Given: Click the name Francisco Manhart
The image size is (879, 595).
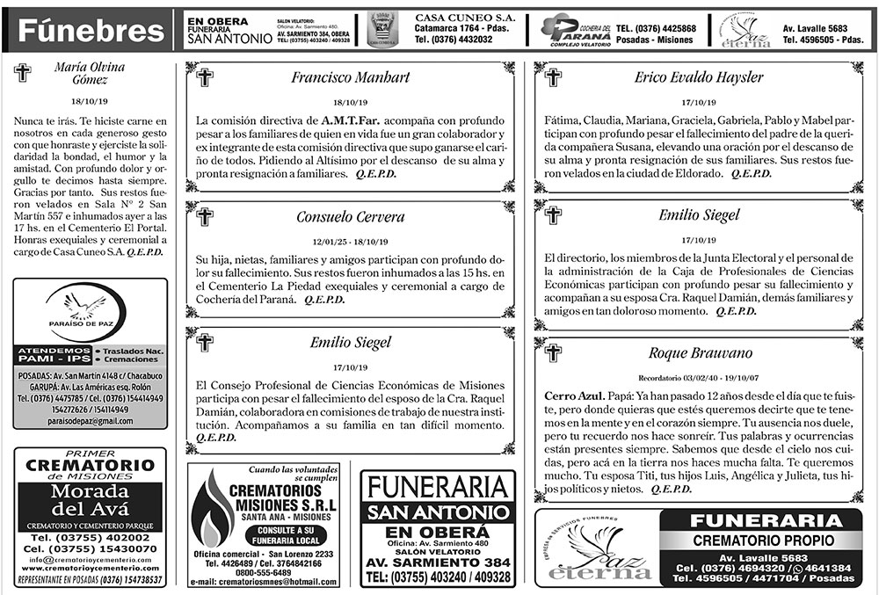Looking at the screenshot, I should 351,76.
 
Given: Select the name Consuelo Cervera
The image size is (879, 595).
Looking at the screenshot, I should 351,216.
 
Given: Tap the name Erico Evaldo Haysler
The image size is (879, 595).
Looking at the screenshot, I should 699,76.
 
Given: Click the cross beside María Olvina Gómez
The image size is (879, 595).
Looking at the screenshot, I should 23,73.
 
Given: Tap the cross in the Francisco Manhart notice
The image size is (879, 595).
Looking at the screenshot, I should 205,77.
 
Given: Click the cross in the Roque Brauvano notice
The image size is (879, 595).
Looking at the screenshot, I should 553,353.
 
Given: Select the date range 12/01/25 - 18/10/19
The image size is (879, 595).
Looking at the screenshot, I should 351,240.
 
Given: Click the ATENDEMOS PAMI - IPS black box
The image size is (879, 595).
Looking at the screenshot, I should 54,355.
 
